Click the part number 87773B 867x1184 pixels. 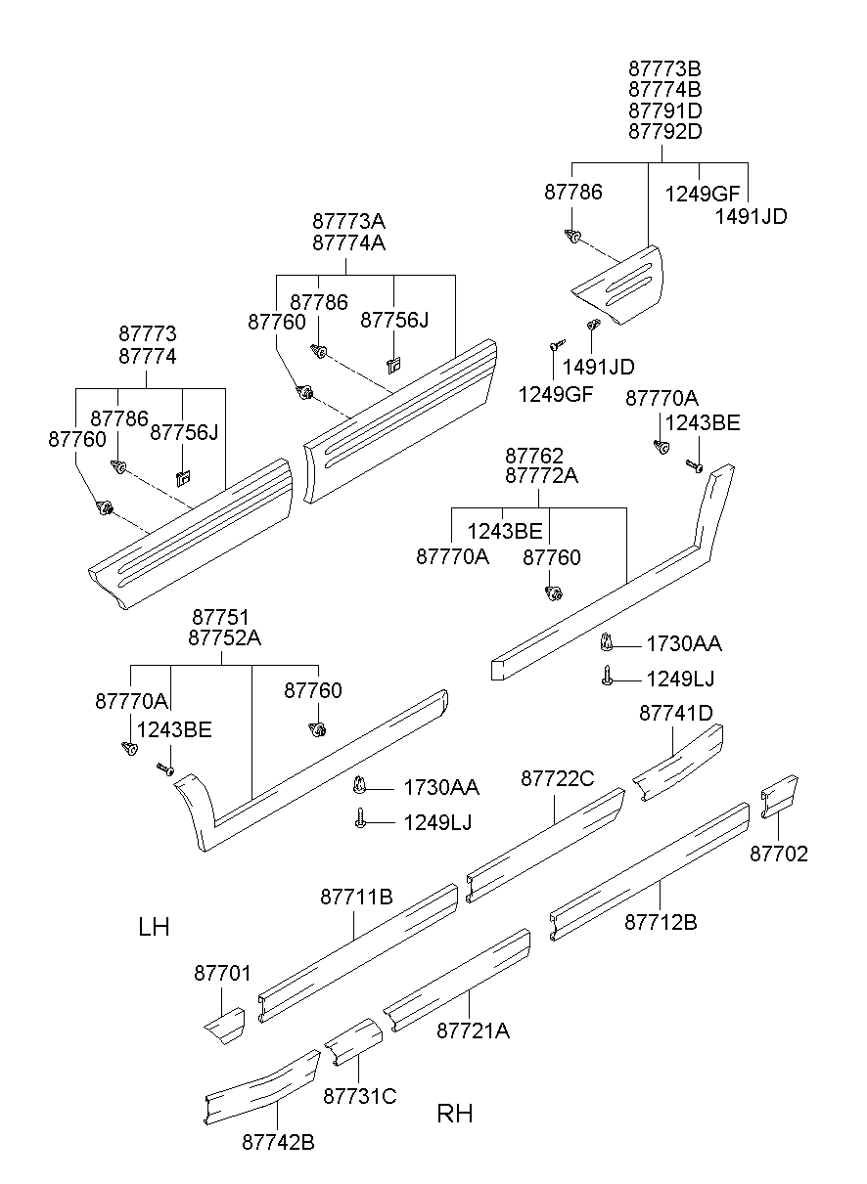point(664,69)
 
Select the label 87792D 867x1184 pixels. point(664,131)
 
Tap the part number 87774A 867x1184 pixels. point(348,243)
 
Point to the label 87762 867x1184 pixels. point(533,456)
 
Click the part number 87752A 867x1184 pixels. point(224,638)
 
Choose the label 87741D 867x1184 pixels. point(676,714)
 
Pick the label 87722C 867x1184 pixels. point(557,778)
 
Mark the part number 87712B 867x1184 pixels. point(661,921)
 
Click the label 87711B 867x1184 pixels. point(356,897)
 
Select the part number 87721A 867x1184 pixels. point(473,1031)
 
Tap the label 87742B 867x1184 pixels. point(278,1141)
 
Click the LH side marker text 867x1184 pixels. point(154,927)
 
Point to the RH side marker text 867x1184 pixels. point(455,1114)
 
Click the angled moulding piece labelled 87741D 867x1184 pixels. point(677,763)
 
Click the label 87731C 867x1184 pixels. point(359,1096)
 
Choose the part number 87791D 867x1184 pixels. point(664,110)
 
